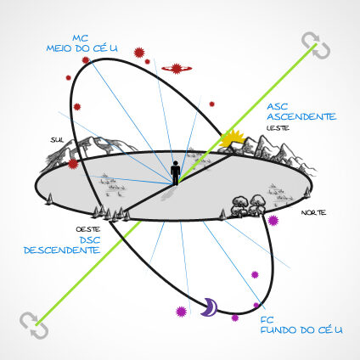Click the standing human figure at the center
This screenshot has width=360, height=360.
coord(176,173)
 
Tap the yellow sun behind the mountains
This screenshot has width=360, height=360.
coord(232,138)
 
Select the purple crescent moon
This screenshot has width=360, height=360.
coord(210,307)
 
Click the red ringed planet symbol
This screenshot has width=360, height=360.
coord(177,69)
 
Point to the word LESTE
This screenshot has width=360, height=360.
coord(278,128)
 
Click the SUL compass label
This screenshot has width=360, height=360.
coord(57,140)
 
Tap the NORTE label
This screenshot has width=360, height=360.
coord(313,212)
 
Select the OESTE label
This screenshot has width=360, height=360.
coord(88,229)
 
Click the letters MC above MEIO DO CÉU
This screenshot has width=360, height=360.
coord(81,38)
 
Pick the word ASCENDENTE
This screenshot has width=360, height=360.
coord(301,116)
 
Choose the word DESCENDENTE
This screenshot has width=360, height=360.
coord(62,250)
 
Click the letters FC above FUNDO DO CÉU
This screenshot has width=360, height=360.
coord(267,320)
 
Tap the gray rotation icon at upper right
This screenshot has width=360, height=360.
coord(316,46)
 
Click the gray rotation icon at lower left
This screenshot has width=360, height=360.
coord(34,325)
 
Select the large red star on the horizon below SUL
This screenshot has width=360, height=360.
coord(73,164)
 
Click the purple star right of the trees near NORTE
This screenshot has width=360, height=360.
coord(273,220)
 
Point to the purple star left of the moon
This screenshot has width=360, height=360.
coord(181,312)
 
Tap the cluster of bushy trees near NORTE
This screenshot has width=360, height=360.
coord(249,205)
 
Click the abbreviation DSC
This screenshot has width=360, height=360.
coord(90,240)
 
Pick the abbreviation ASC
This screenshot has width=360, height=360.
coord(278,106)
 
